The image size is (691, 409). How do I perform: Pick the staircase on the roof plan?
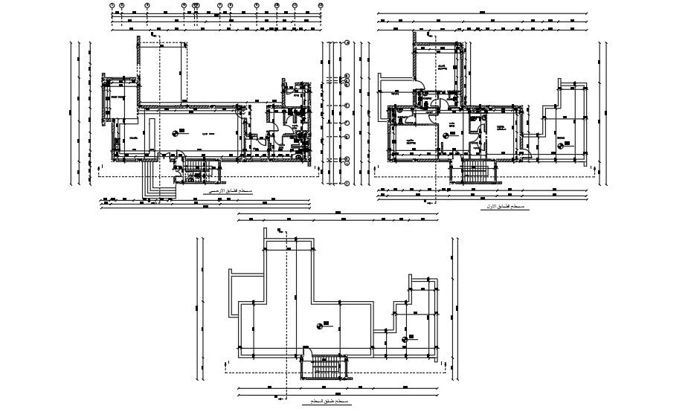(326, 367)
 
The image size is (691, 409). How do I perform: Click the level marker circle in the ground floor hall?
(177, 132)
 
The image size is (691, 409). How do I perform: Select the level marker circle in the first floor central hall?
(447, 135)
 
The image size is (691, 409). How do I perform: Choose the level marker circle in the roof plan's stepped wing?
(405, 339)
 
